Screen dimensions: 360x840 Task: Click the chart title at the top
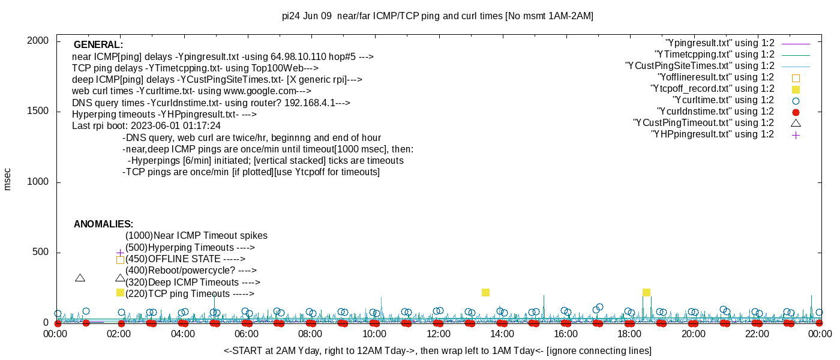437,16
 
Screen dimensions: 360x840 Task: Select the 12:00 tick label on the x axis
438,334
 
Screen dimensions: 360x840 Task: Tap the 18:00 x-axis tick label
629,334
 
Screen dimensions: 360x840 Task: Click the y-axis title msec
8,179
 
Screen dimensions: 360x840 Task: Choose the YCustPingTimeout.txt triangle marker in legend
796,123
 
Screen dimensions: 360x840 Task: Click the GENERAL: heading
98,45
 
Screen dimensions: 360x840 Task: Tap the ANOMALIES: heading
103,224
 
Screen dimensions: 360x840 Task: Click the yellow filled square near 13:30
485,292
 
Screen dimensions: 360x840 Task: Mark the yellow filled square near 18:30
646,292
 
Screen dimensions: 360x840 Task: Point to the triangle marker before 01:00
80,278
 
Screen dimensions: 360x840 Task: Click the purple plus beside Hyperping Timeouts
120,253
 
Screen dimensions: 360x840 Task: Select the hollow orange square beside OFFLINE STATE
120,260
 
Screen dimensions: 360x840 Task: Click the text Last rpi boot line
146,126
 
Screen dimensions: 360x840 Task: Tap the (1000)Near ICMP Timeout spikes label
196,236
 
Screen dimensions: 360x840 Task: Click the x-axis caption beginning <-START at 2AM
437,350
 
